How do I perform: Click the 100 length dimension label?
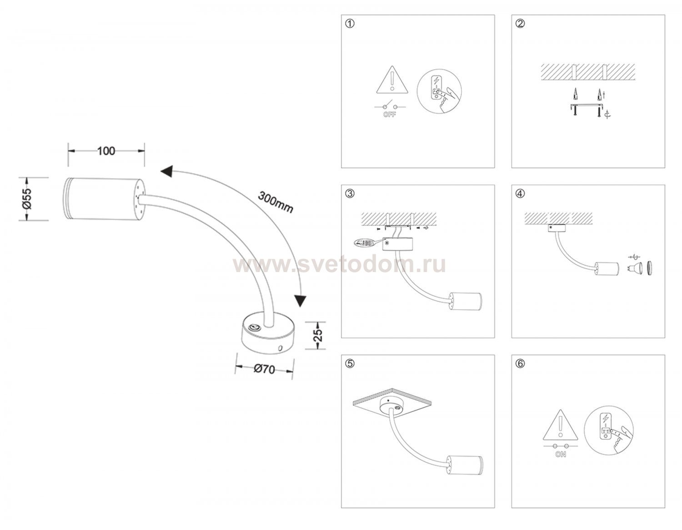click(x=106, y=151)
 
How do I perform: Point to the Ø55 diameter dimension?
click(x=27, y=199)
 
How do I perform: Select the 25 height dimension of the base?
click(x=318, y=335)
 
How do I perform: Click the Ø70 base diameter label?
click(x=264, y=369)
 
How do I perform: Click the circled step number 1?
click(x=350, y=24)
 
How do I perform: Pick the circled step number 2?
click(x=520, y=24)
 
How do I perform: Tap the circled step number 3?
click(x=350, y=193)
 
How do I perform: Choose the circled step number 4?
click(x=520, y=193)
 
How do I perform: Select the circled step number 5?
click(x=350, y=364)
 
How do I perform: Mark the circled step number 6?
click(x=520, y=364)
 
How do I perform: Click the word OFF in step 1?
click(x=390, y=115)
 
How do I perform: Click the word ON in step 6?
click(x=561, y=454)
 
